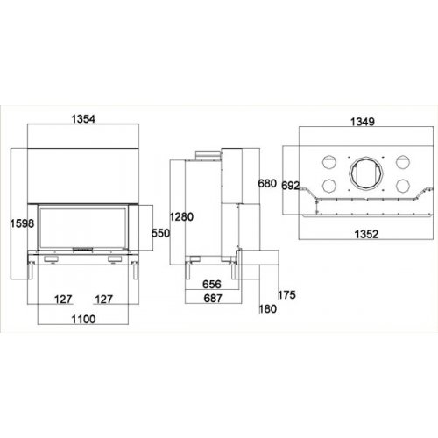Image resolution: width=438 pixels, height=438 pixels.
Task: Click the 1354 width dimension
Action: click(x=83, y=119)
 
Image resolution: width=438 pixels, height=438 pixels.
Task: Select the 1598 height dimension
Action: click(x=22, y=223)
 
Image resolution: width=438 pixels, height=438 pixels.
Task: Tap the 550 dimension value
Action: click(x=160, y=233)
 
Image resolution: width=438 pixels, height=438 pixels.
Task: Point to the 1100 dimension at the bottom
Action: click(x=83, y=319)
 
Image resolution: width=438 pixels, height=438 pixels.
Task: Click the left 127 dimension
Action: click(x=63, y=300)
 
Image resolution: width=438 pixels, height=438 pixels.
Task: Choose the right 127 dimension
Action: click(x=103, y=300)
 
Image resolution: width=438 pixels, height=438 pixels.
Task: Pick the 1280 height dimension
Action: click(x=181, y=217)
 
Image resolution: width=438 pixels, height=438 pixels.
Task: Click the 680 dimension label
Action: click(x=267, y=184)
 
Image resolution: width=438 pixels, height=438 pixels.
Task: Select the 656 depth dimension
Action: click(x=212, y=284)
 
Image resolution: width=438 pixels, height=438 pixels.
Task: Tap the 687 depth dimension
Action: click(x=213, y=299)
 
